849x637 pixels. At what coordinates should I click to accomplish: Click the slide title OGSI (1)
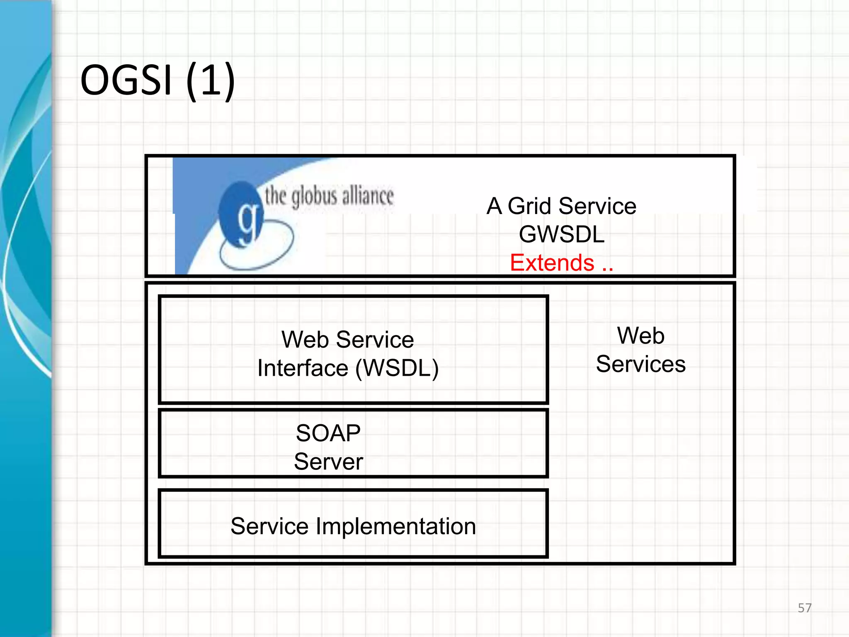coord(158,80)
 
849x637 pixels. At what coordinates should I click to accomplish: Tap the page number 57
coord(804,608)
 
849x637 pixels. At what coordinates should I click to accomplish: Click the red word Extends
coord(552,263)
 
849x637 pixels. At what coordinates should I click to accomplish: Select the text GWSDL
coord(561,234)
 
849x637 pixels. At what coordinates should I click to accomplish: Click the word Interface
coord(303,368)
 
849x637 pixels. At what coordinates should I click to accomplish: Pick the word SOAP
coord(328,433)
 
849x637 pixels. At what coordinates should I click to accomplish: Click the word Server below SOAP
coord(328,462)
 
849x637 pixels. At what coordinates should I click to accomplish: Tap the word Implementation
coord(395,526)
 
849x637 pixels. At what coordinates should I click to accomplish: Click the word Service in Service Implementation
coord(269,526)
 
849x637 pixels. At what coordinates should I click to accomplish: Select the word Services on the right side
coord(640,364)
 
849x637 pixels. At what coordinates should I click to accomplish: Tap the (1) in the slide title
coord(211,80)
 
